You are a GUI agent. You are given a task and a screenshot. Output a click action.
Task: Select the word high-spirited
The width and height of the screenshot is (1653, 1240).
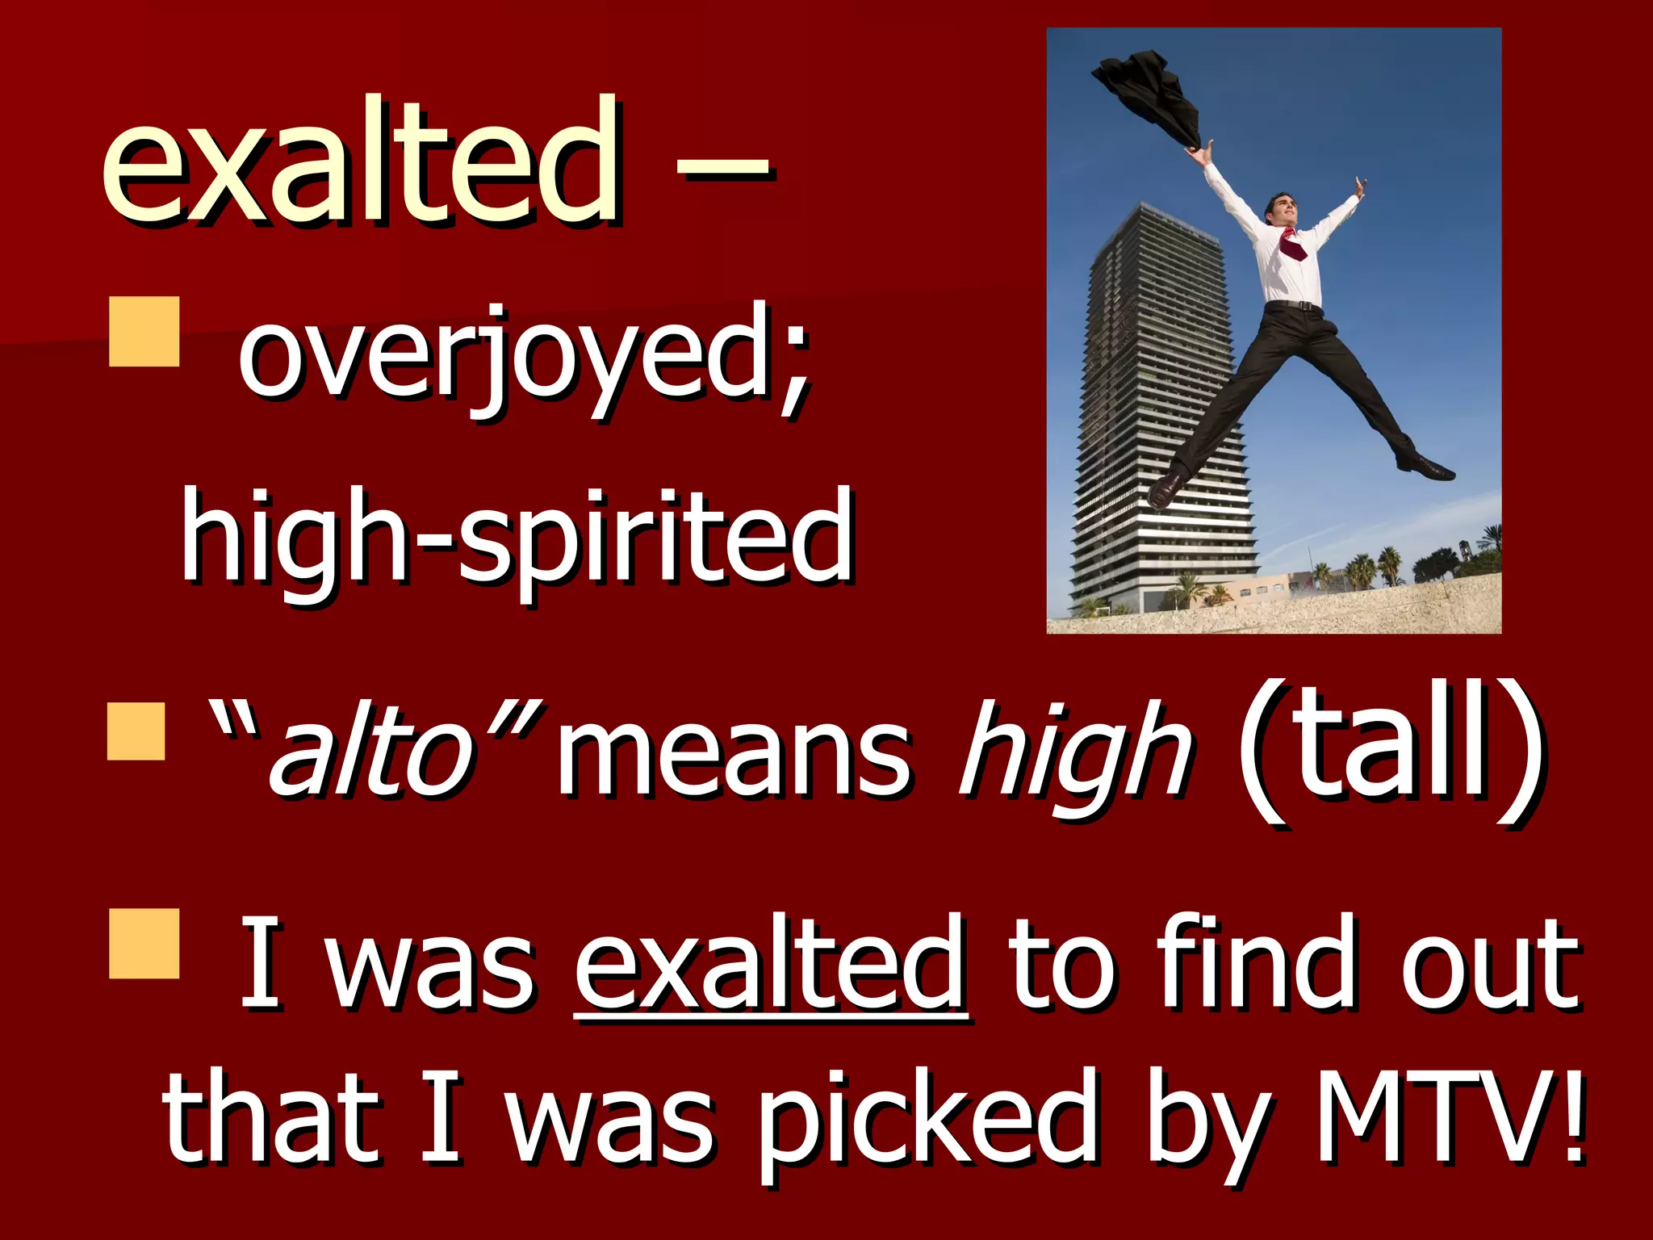coord(517,537)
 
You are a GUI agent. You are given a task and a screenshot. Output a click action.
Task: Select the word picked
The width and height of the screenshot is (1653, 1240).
coord(928,1122)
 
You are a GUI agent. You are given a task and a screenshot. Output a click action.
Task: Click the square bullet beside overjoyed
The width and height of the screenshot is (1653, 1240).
coord(144,332)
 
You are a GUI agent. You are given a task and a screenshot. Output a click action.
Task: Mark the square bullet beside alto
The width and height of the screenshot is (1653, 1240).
coord(136,731)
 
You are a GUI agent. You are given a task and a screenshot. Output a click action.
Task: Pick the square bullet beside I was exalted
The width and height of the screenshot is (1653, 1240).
coord(144,943)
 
